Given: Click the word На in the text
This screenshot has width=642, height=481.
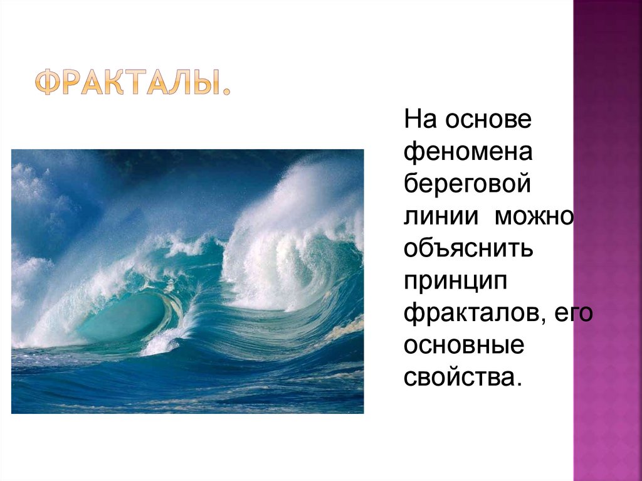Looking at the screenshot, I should (x=419, y=119).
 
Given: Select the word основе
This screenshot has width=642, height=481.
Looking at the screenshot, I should (x=489, y=119).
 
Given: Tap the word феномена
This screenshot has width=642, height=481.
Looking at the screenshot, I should (x=468, y=152).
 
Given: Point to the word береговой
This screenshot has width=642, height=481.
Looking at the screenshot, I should (x=468, y=184).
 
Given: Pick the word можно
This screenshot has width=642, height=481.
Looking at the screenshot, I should (x=534, y=217).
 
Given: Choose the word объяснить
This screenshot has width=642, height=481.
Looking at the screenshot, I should (x=468, y=250).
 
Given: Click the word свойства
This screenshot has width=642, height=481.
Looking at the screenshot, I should (x=459, y=378).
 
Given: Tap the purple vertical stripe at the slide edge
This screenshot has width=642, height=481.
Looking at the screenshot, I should (x=607, y=251).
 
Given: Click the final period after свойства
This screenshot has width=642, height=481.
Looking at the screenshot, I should (x=518, y=384).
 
